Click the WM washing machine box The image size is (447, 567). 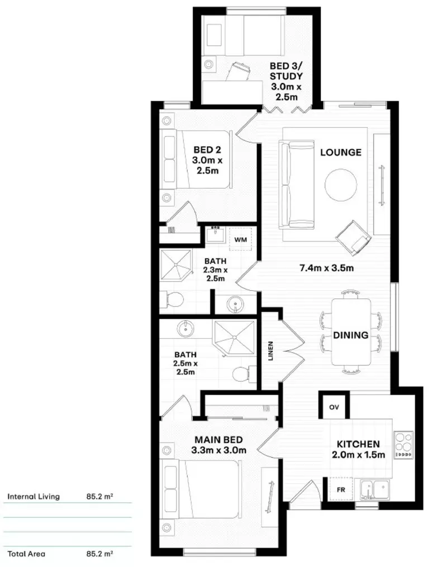[x=241, y=239]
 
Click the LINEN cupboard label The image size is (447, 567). [x=271, y=350]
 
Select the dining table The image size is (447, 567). [x=350, y=331]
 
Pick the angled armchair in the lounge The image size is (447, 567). [x=354, y=234]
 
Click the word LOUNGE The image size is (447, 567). [x=340, y=152]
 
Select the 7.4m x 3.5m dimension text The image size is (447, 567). [x=327, y=268]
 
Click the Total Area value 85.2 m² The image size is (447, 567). [x=99, y=554]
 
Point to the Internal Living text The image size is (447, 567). [x=34, y=496]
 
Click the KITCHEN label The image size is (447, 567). [x=358, y=444]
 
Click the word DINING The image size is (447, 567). [x=350, y=335]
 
